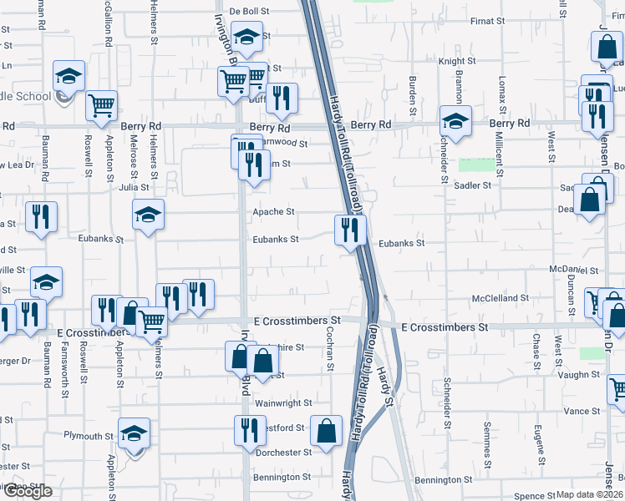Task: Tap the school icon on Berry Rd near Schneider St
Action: tap(455, 120)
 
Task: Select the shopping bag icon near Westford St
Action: tap(326, 431)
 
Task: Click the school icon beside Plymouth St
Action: tap(134, 433)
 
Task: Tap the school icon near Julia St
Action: tap(148, 215)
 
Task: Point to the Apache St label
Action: tap(274, 212)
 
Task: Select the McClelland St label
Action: tap(501, 298)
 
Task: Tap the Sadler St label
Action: tap(472, 185)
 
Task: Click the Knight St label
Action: tap(457, 61)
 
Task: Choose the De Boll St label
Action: tap(249, 11)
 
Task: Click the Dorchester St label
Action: tap(284, 453)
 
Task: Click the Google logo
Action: tap(27, 491)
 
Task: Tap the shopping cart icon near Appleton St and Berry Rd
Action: tap(101, 106)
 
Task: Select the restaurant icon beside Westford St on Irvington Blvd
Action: tap(249, 431)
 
